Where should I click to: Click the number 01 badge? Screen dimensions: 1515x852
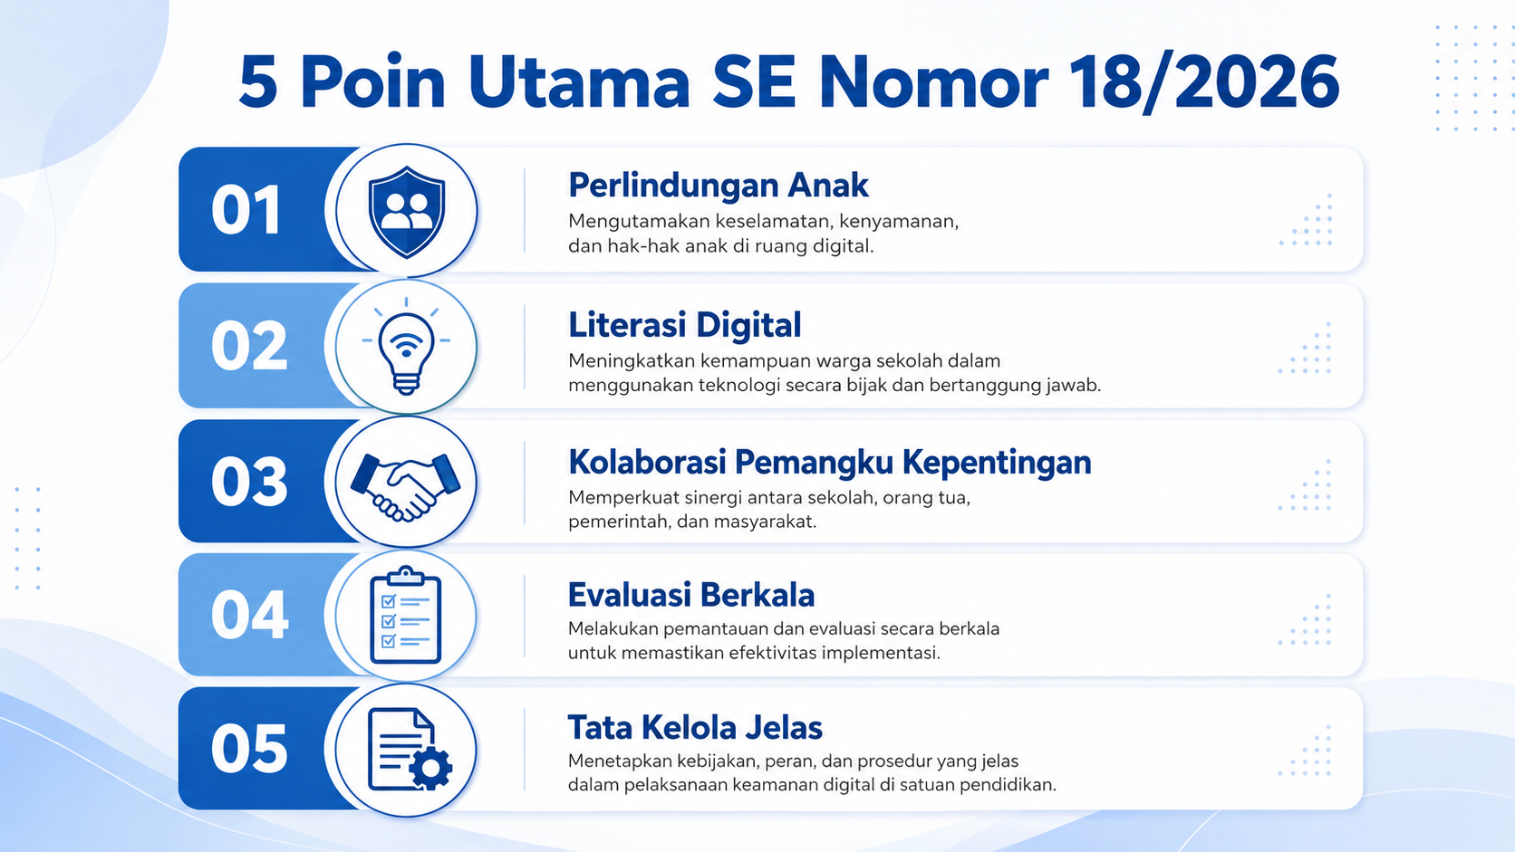tap(246, 210)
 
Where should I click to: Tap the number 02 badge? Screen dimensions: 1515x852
tap(249, 346)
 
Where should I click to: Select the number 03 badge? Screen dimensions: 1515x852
tap(249, 482)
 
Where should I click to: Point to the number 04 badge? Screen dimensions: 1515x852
tap(249, 615)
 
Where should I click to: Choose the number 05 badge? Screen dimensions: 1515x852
tap(249, 749)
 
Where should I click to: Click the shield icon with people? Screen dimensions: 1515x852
tap(407, 212)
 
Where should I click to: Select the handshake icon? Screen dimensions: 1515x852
tap(406, 486)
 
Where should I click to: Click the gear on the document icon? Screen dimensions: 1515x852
tap(430, 768)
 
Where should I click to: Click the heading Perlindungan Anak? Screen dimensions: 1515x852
tap(719, 185)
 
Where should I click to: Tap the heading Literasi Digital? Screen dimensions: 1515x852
tap(684, 324)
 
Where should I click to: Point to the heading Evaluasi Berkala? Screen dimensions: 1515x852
tap(691, 595)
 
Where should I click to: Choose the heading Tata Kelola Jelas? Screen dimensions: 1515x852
tap(695, 728)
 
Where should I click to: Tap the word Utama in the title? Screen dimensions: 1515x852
tap(579, 81)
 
